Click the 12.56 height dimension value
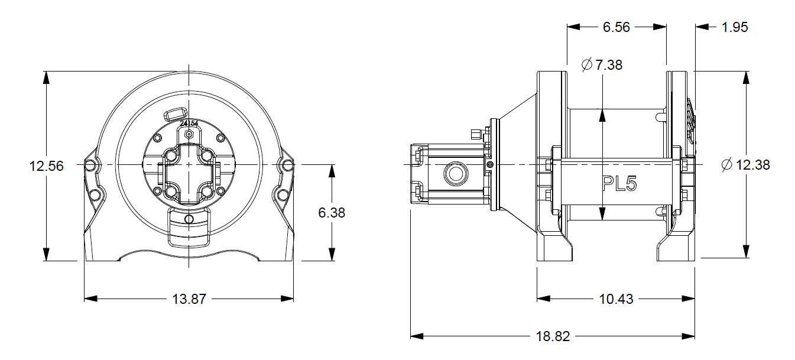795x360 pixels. coord(46,166)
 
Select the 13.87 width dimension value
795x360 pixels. coord(189,299)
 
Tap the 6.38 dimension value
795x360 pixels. coord(332,213)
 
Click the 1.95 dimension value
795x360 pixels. coord(735,27)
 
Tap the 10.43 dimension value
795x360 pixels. coord(615,299)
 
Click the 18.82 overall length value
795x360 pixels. coord(553,336)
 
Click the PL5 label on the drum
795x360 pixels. coord(619,184)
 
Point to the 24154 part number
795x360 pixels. coord(189,124)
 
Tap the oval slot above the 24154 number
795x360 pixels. coord(176,112)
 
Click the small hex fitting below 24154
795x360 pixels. coord(189,134)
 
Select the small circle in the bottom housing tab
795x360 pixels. coord(189,219)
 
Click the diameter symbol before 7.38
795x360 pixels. coord(587,65)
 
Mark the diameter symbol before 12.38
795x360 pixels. coord(727,165)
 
